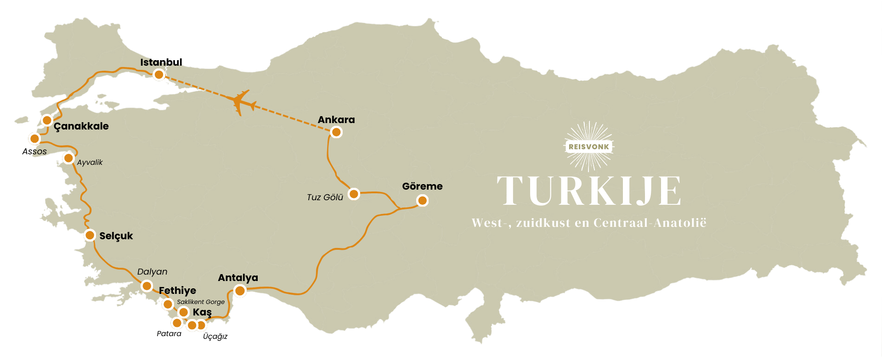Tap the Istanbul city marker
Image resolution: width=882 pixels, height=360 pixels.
click(x=159, y=74)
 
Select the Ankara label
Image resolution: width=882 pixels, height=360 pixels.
click(x=336, y=120)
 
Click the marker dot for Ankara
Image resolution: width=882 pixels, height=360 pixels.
click(x=336, y=132)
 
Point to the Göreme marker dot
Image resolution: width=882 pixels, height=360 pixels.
click(x=422, y=201)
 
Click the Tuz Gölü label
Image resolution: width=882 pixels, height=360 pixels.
click(x=325, y=197)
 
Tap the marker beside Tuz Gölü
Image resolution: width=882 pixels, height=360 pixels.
click(x=354, y=194)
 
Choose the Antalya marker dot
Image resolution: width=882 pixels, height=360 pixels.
click(x=240, y=291)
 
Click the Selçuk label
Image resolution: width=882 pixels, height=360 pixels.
click(x=116, y=236)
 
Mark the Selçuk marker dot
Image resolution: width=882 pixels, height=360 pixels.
click(x=90, y=236)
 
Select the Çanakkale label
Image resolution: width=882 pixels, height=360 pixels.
click(x=81, y=126)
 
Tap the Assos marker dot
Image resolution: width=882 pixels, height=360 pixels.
click(x=34, y=138)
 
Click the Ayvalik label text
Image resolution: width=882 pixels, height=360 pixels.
click(x=90, y=163)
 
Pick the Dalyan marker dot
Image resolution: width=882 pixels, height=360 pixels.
click(x=147, y=286)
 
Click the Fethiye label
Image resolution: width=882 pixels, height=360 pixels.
click(x=177, y=291)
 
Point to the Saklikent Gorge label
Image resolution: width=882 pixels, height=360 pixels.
click(x=201, y=302)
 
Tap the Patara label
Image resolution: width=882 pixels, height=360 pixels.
click(x=169, y=334)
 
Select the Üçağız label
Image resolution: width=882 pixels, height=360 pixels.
click(x=215, y=337)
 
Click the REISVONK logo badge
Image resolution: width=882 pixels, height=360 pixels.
click(x=588, y=147)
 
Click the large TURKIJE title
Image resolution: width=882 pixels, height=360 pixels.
click(x=588, y=191)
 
